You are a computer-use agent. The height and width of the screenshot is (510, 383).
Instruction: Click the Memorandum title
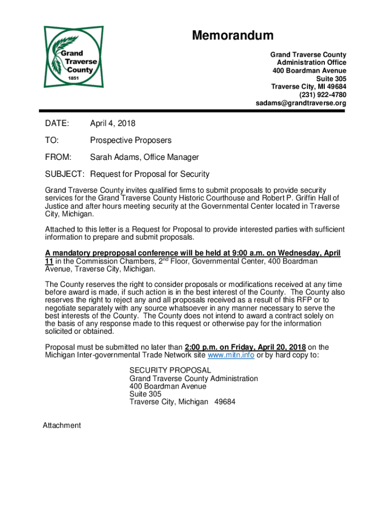(233, 35)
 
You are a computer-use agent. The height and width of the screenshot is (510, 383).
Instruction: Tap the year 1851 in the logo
(74, 79)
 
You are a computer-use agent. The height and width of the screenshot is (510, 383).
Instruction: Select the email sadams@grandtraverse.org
(301, 103)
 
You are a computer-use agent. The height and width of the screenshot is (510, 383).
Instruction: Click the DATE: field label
(57, 123)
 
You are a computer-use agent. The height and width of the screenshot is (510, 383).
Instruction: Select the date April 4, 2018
(112, 123)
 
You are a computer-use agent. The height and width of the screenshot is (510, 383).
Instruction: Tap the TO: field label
(52, 140)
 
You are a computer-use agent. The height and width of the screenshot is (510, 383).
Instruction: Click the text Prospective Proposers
(130, 140)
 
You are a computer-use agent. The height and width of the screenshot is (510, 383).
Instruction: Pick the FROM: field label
(58, 157)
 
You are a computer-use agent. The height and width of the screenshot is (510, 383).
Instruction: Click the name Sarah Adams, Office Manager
(144, 157)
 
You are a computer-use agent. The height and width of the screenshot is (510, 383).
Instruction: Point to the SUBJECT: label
(65, 174)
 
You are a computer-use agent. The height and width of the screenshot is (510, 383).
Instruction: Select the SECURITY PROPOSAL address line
(170, 371)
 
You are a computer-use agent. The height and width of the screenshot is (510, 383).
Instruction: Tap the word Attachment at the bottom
(62, 425)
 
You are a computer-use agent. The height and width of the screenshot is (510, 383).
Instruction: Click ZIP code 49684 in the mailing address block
(225, 402)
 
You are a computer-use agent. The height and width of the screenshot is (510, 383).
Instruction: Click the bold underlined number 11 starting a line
(49, 261)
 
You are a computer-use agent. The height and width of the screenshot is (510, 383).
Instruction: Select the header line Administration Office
(311, 62)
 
